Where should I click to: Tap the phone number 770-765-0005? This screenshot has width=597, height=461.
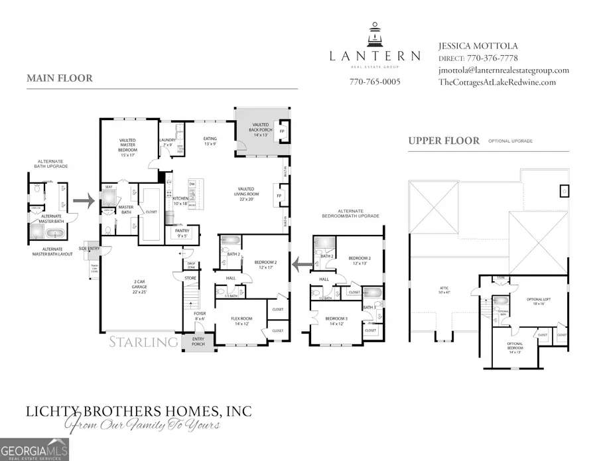click(375, 82)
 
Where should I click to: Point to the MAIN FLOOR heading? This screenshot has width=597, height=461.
click(60, 78)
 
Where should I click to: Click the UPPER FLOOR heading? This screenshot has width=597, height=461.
click(444, 141)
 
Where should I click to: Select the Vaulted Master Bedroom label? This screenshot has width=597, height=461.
click(127, 145)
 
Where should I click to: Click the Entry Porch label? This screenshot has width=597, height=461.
click(199, 342)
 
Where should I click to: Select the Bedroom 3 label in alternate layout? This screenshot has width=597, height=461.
click(336, 320)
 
